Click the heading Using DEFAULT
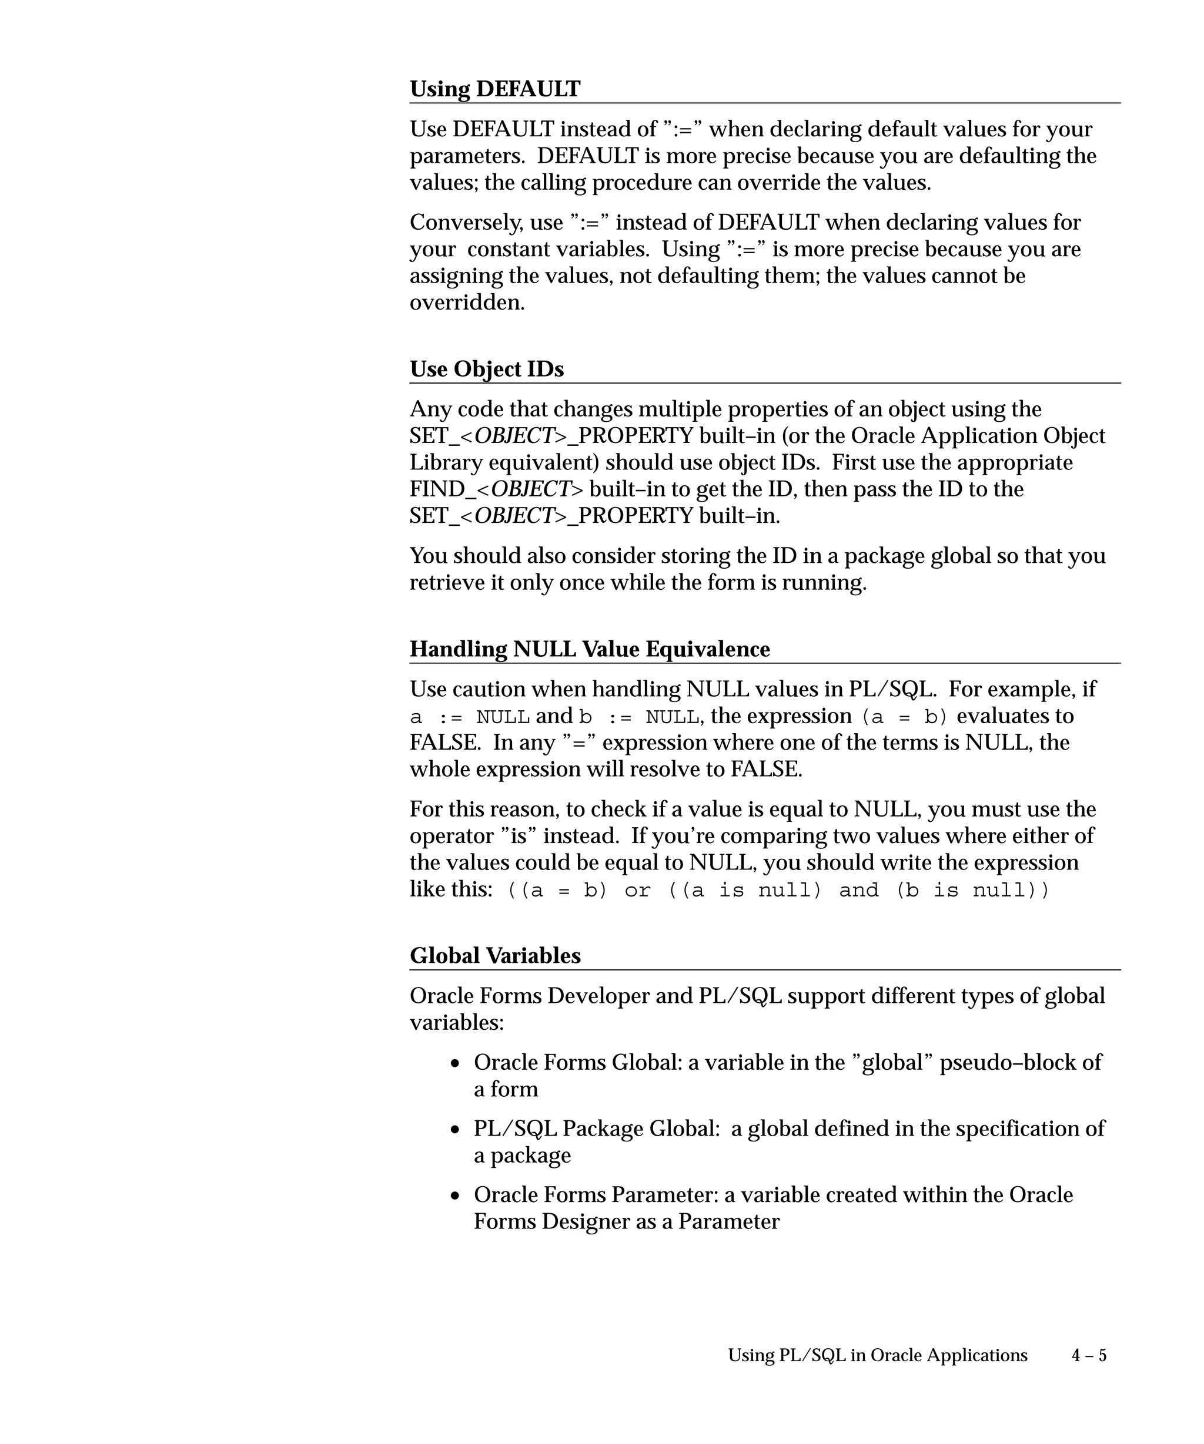point(494,89)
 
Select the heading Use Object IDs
point(486,370)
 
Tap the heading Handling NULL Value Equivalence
point(590,649)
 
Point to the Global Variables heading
point(494,956)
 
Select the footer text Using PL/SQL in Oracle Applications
point(877,1355)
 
